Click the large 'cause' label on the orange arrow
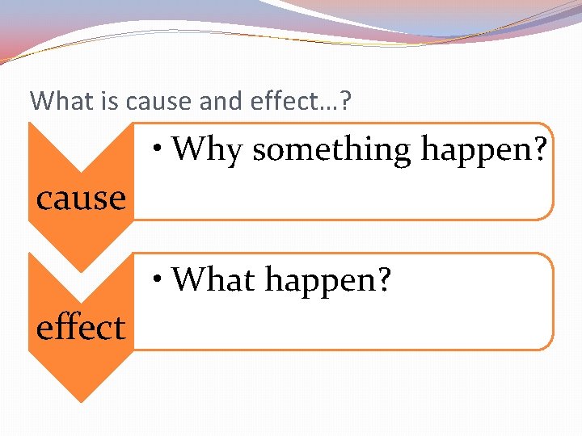click(81, 197)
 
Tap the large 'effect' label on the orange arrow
click(81, 328)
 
